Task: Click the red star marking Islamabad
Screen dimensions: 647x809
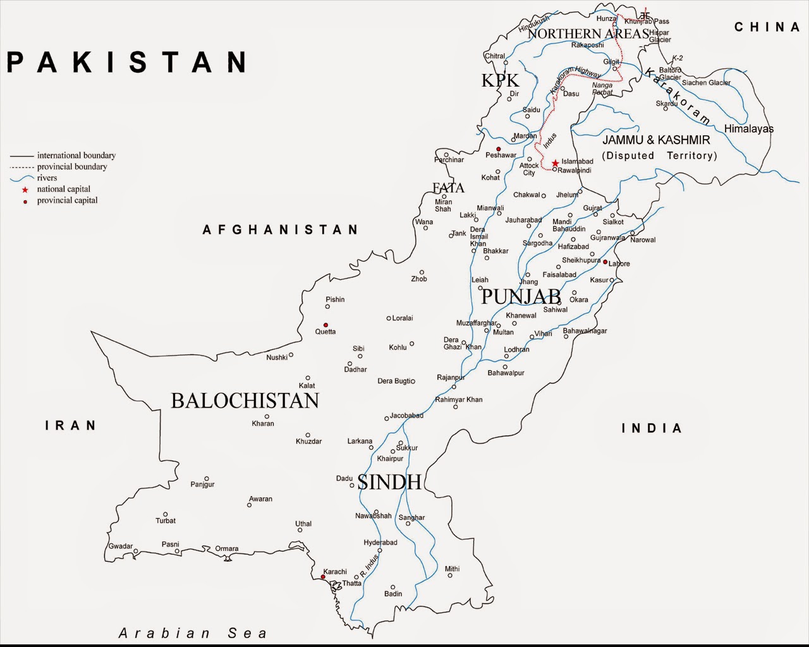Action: pos(555,163)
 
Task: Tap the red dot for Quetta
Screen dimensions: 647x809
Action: pos(325,325)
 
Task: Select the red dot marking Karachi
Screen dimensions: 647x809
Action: pos(323,577)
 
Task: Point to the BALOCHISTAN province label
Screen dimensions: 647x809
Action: pos(245,401)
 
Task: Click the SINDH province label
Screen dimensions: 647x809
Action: pos(389,482)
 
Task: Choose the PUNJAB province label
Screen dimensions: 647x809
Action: pos(521,296)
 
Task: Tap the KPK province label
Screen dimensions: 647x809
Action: pos(500,80)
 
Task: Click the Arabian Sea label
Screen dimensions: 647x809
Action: pos(193,632)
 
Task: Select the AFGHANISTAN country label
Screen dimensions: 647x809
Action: pos(281,229)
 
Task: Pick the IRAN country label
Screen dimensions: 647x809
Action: pos(71,425)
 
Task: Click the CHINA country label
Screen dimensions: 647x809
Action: pos(767,27)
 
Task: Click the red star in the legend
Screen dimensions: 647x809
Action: pos(25,190)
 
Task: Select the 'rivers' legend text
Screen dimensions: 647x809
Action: pos(47,178)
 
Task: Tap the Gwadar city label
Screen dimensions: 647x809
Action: pos(121,546)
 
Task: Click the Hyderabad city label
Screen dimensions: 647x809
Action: pos(380,542)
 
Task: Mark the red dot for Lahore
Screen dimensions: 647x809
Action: pos(605,262)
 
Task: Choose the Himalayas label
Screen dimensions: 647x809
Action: pos(748,129)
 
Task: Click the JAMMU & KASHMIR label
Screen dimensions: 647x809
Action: pos(656,140)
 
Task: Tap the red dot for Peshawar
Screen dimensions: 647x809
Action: pos(498,149)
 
